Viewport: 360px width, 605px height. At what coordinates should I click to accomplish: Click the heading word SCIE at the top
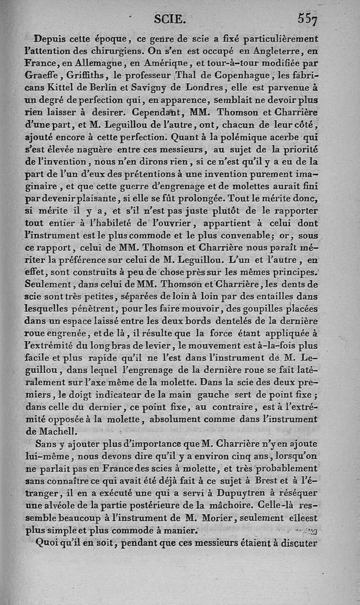pos(168,19)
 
